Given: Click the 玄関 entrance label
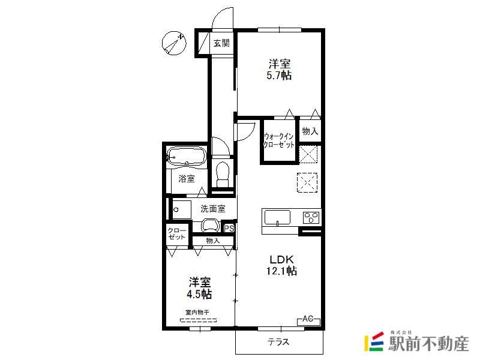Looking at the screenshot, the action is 221,43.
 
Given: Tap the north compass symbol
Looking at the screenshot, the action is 174,43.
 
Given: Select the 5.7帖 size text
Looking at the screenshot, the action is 279,76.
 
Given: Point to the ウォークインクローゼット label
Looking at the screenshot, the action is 279,140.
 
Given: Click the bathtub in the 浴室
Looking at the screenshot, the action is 186,157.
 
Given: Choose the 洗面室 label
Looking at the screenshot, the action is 213,209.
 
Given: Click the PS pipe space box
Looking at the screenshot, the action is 229,228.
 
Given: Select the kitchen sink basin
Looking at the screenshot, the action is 277,218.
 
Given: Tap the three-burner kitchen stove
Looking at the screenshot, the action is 311,218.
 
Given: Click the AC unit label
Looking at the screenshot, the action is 308,319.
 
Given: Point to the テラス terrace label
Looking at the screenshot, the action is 278,341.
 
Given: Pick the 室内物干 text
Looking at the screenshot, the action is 197,312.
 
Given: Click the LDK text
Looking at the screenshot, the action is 281,260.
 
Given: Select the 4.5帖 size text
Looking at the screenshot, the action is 199,294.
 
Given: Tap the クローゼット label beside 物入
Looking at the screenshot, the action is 177,234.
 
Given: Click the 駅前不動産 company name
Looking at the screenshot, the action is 428,343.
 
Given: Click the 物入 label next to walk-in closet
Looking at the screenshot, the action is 310,131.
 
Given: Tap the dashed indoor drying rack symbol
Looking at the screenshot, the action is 199,320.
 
